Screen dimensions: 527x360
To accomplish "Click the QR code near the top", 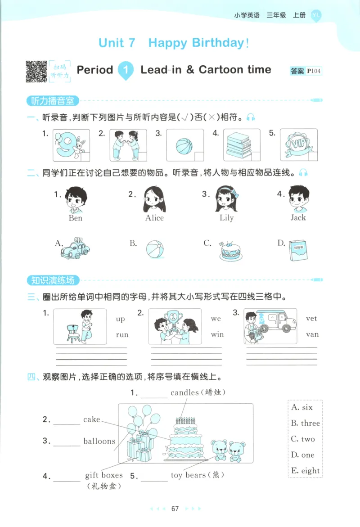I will [36, 71].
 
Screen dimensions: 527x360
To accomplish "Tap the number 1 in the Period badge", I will [126, 70].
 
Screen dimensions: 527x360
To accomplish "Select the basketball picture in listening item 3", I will [184, 146].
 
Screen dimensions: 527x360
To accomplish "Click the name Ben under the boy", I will [76, 218].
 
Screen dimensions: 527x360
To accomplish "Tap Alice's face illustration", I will [154, 199].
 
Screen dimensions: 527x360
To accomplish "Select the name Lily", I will [226, 218].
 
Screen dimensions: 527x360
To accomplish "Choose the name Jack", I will [298, 218].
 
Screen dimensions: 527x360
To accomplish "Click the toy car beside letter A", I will [75, 248].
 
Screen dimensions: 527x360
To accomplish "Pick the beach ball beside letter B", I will [154, 248].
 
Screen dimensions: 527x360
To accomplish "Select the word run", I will [122, 334].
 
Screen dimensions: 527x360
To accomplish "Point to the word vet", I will [311, 318].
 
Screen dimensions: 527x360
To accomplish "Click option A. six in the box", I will [302, 407].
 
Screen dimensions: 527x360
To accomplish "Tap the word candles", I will [184, 392].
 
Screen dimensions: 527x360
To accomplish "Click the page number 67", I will [175, 509].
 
